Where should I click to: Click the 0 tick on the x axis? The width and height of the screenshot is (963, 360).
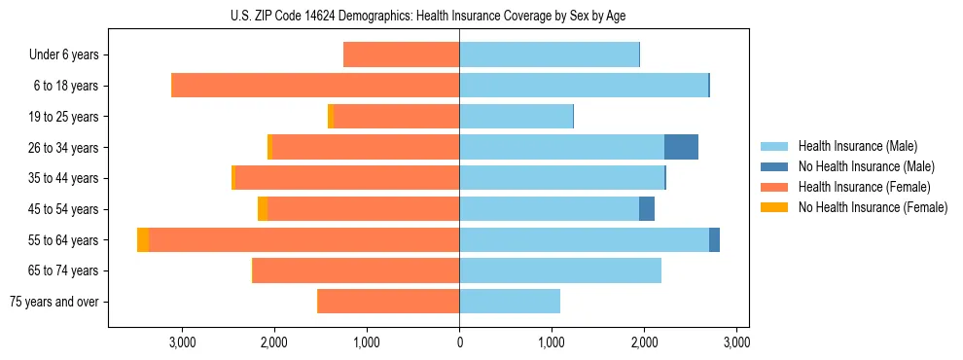[459, 342]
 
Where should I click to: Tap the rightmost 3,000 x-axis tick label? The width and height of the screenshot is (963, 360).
[736, 342]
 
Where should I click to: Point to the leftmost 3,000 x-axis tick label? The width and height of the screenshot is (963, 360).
[183, 342]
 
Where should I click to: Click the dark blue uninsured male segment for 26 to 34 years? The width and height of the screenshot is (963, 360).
[681, 147]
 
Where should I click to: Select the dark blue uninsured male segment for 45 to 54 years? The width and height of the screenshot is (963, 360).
[647, 208]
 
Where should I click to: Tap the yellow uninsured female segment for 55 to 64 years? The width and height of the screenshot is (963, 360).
[143, 239]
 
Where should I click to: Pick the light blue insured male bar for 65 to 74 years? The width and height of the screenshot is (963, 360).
[560, 270]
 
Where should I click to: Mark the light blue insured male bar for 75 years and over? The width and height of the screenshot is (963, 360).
[510, 302]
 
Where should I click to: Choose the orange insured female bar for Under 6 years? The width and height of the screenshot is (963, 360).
[401, 54]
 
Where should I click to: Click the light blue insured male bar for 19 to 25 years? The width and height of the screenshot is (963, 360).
[516, 117]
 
